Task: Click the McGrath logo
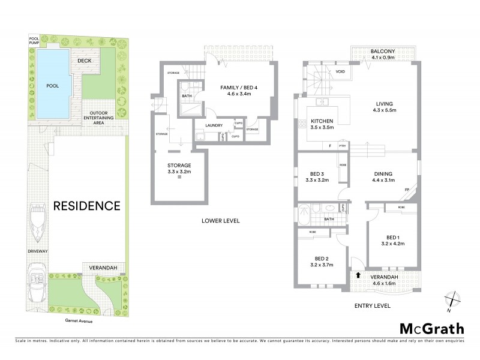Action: point(431,328)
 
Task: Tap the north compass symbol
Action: point(452,299)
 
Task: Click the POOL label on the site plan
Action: point(53,86)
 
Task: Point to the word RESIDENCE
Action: point(87,206)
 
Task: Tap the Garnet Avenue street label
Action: point(74,320)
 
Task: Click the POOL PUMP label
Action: point(34,41)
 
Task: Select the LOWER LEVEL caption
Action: point(220,221)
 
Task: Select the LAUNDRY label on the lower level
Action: point(214,125)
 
